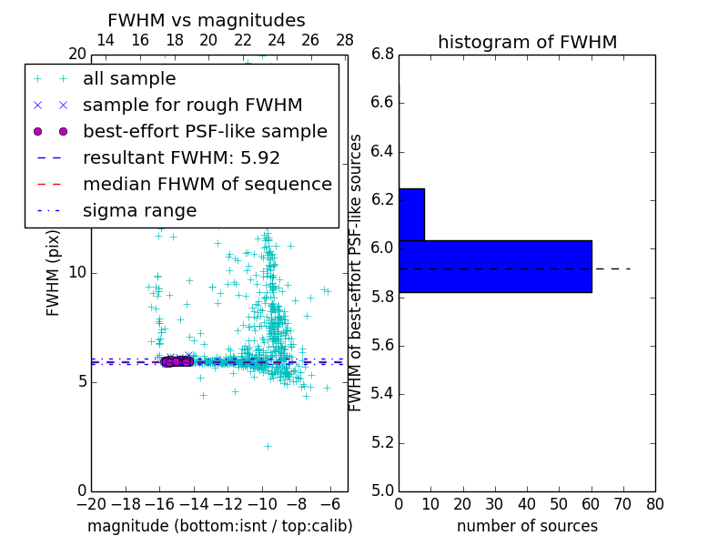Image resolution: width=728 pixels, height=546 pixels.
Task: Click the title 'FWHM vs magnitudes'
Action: click(x=207, y=21)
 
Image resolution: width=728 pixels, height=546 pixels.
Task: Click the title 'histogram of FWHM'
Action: click(x=527, y=42)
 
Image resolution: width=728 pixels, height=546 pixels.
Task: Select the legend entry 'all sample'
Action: click(x=129, y=79)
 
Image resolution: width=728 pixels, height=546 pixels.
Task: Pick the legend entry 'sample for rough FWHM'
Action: click(x=192, y=106)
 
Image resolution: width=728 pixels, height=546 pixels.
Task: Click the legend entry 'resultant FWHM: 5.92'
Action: click(x=181, y=158)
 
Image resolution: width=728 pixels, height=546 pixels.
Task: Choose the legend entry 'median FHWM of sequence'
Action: click(x=207, y=185)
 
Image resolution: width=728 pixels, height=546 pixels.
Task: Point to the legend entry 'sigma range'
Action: click(x=139, y=211)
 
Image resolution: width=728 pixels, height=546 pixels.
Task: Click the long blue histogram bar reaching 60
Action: click(x=495, y=266)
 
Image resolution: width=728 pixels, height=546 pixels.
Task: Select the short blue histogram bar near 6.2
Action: click(x=411, y=214)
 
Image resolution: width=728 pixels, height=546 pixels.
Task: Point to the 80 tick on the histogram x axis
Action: click(x=654, y=503)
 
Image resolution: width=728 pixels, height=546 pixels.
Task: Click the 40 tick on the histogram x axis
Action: click(x=527, y=503)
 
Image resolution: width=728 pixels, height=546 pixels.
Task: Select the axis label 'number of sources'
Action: click(x=527, y=526)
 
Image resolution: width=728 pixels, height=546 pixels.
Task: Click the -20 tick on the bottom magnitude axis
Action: click(x=91, y=503)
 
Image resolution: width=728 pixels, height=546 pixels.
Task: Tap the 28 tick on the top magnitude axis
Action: click(x=345, y=41)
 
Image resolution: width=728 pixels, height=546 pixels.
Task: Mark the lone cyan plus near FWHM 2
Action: click(x=268, y=446)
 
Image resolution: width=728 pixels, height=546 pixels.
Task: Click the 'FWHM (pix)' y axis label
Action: click(x=54, y=273)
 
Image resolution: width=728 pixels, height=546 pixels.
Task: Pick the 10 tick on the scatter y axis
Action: click(x=76, y=273)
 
